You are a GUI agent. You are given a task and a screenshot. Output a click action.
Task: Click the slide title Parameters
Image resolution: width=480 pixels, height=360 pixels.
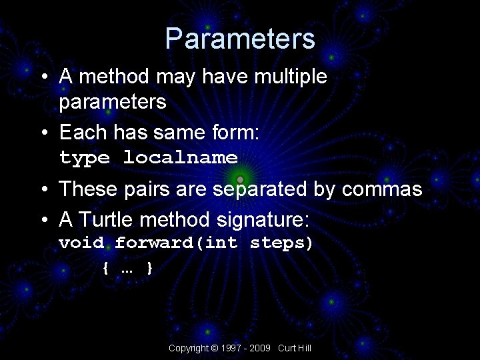[x=240, y=39]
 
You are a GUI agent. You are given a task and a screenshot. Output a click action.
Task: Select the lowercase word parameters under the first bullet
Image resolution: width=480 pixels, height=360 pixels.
[x=112, y=102]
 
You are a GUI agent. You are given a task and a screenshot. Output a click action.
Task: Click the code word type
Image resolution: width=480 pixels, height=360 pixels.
[x=85, y=158]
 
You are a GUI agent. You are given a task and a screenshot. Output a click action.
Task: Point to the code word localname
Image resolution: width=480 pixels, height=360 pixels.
[x=181, y=158]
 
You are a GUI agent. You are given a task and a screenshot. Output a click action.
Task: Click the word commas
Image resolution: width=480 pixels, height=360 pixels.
[x=382, y=189]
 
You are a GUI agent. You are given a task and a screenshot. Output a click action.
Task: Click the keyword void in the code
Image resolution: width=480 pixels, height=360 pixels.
[x=81, y=243]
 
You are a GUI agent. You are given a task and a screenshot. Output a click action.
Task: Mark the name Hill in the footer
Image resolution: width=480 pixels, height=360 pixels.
[x=304, y=349]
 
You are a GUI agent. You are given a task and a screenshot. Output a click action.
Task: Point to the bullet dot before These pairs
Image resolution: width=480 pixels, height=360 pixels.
[x=43, y=190]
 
